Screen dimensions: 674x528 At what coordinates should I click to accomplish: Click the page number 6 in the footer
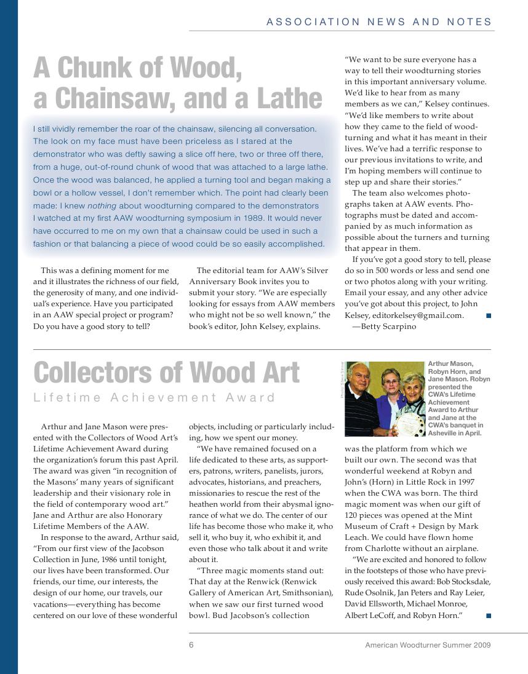[x=191, y=645]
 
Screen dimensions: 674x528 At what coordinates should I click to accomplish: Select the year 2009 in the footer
[x=480, y=645]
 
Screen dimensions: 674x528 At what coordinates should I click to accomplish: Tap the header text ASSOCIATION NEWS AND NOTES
[x=379, y=22]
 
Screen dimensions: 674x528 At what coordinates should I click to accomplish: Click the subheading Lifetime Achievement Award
[x=154, y=397]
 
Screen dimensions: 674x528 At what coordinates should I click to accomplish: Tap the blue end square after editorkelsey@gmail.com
[x=488, y=315]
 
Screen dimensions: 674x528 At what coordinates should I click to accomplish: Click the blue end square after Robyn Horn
[x=488, y=616]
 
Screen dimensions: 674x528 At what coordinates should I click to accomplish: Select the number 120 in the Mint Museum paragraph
[x=352, y=515]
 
